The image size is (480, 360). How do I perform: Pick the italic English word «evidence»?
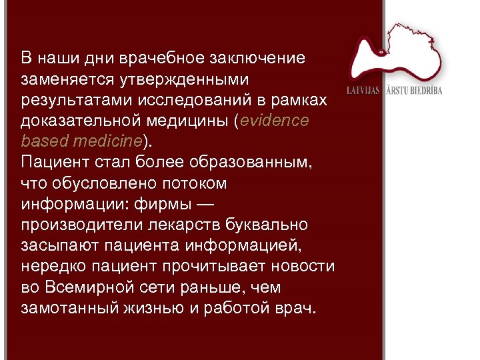pos(275,121)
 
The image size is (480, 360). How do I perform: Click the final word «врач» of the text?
pos(297,309)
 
